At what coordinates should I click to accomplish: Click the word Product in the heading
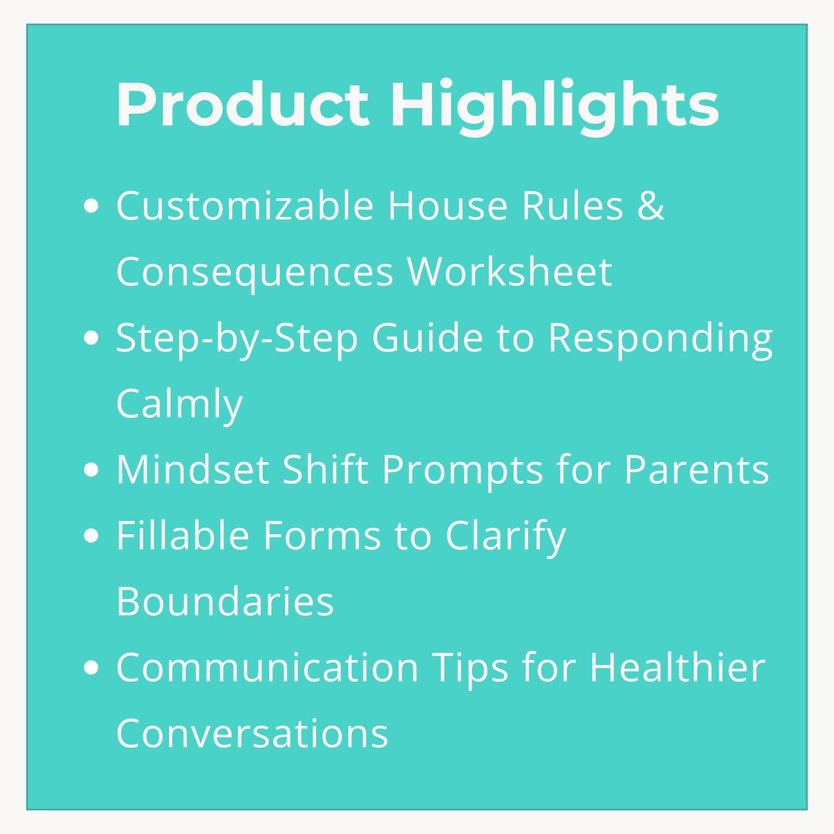(242, 104)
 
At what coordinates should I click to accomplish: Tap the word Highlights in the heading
(555, 107)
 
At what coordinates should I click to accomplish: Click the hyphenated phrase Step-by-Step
(237, 339)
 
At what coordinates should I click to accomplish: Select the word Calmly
(179, 404)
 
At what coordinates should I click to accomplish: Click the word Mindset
(193, 470)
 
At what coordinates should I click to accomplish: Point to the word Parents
(697, 470)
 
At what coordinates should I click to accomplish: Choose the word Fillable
(182, 536)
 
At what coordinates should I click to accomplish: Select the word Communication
(267, 668)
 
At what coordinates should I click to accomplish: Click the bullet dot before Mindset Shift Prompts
(91, 470)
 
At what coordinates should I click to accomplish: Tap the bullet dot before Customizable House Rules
(91, 207)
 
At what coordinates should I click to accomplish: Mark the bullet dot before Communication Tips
(91, 668)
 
